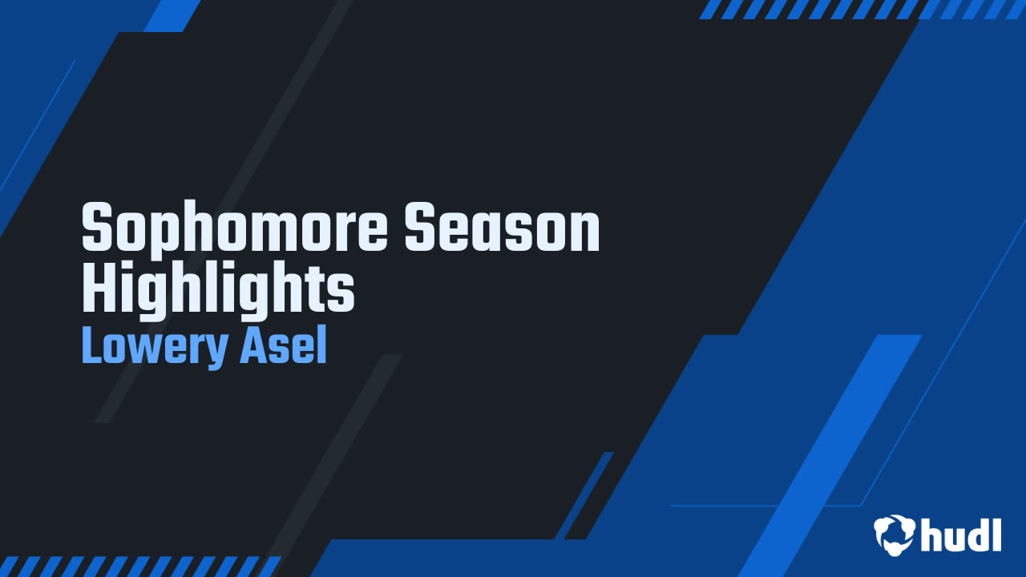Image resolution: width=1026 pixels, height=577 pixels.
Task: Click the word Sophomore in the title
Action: tap(235, 227)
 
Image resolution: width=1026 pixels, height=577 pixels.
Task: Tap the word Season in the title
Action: tap(502, 227)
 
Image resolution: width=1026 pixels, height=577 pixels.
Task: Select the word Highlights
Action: tap(218, 288)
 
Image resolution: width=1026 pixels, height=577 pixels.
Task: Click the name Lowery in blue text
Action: tap(155, 346)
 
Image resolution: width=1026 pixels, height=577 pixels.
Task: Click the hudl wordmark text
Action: tap(961, 535)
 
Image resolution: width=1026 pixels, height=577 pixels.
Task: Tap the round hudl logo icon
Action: tap(894, 535)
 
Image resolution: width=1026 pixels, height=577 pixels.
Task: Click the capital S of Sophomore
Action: tap(97, 227)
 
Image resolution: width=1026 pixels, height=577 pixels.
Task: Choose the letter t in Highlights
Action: tap(320, 288)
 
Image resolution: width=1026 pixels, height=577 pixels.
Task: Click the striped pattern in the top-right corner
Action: tap(862, 10)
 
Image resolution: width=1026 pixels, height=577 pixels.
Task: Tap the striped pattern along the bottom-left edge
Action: tap(140, 567)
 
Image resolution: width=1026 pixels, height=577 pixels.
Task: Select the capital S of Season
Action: tap(419, 227)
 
